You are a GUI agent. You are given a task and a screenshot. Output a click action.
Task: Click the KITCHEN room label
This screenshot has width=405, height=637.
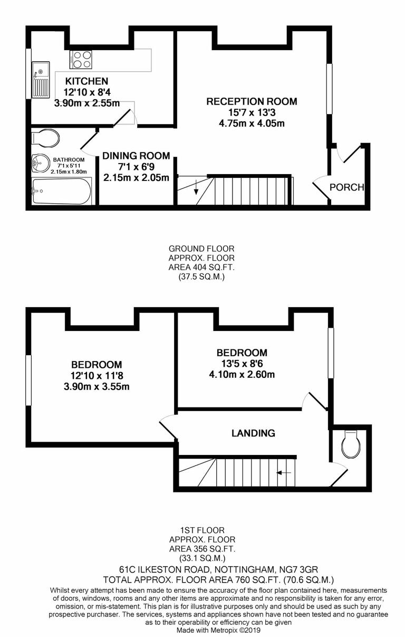86,81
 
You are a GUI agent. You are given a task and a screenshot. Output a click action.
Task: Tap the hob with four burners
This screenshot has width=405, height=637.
81,59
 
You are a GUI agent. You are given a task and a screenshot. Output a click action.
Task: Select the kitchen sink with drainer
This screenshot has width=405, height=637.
40,79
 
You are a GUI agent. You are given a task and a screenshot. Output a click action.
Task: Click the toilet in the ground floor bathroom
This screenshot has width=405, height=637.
44,138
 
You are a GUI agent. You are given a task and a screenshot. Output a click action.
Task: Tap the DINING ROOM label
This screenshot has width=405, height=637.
136,156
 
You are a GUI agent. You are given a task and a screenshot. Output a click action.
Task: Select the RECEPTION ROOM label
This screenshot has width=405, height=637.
252,101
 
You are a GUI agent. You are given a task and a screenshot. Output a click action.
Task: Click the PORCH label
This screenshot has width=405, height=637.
346,187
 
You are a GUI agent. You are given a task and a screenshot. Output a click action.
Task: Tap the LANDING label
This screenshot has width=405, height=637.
253,433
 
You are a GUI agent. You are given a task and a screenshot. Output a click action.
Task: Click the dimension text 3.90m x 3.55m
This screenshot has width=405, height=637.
96,386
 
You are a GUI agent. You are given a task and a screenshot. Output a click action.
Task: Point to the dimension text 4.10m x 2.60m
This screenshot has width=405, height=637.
242,375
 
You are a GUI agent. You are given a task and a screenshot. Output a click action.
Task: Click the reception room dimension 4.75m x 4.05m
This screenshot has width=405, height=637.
252,124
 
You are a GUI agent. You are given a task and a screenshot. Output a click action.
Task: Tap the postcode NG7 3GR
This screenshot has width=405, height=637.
295,569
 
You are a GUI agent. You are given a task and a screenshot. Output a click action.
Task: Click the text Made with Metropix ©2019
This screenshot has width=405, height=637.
218,630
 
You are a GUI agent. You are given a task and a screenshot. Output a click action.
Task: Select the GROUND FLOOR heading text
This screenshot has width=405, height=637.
201,248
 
